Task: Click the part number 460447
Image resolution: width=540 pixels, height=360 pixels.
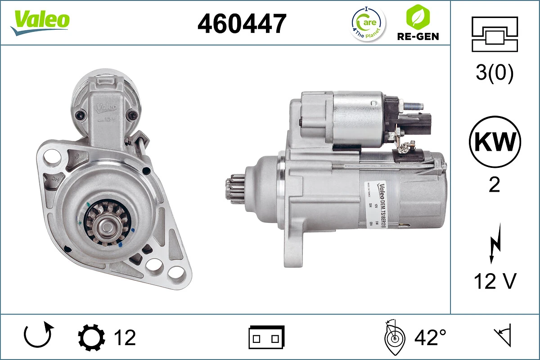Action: (x=242, y=23)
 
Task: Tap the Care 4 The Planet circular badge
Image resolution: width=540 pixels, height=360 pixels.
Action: (x=368, y=23)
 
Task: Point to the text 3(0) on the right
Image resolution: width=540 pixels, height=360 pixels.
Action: (x=495, y=73)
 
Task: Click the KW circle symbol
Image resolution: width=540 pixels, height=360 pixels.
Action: (x=495, y=142)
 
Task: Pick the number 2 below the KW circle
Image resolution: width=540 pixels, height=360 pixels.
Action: (x=494, y=185)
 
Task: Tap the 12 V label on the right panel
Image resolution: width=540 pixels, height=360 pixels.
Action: (x=495, y=282)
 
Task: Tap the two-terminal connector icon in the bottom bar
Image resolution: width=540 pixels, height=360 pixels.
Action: (x=266, y=337)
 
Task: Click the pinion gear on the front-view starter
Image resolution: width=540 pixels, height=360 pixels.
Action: (x=107, y=223)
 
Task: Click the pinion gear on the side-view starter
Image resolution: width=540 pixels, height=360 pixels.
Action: (x=234, y=190)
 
